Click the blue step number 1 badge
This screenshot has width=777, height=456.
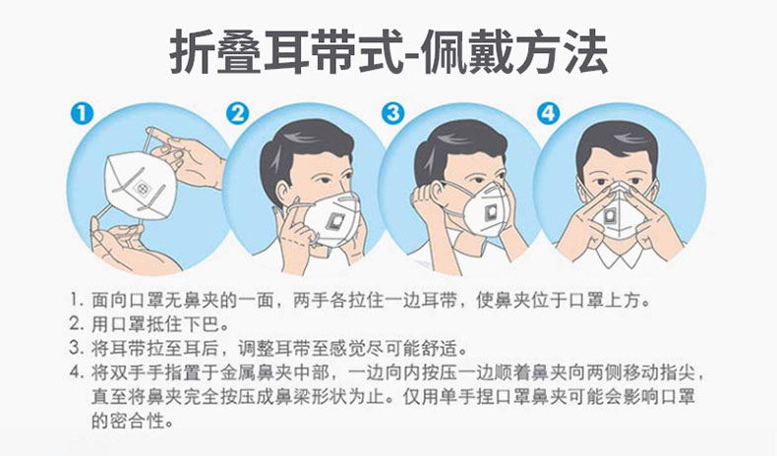pos(82,113)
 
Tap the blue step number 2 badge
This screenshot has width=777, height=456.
pos(237,113)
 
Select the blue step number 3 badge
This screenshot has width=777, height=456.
pos(393,113)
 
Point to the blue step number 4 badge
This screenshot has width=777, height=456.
pos(549,113)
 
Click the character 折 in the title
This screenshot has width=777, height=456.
pos(191,52)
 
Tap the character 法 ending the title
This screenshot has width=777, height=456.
pos(585,52)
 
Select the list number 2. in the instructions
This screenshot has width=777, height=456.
pos(77,324)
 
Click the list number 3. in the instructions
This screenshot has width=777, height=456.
pos(77,348)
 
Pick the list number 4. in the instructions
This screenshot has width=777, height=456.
pos(77,372)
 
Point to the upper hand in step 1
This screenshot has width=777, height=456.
pos(187,157)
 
